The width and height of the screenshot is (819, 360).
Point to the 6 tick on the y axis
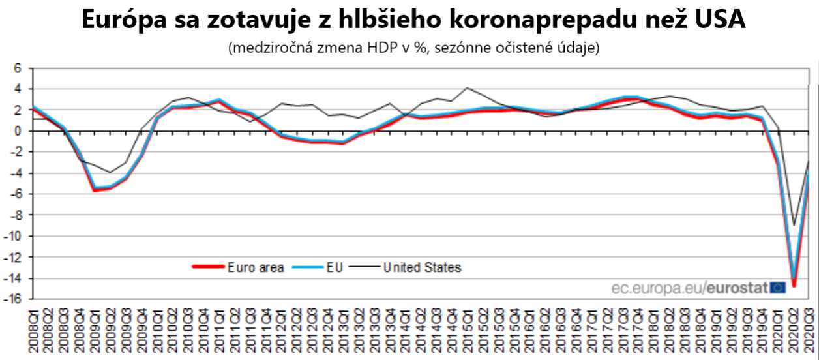[x=18, y=68]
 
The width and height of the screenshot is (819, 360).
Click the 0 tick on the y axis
[x=18, y=131]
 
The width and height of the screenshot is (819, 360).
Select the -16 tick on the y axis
[x=14, y=299]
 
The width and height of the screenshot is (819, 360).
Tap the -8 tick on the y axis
[x=16, y=215]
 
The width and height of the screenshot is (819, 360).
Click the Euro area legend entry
[x=255, y=267]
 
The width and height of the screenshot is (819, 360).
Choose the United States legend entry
[x=422, y=267]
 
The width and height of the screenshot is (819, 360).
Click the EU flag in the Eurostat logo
[x=777, y=288]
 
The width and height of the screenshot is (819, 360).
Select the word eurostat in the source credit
[x=737, y=288]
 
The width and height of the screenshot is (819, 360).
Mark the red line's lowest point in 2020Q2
[x=794, y=285]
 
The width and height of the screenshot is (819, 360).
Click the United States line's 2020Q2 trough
[x=794, y=225]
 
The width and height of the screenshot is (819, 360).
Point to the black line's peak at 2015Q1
[x=467, y=87]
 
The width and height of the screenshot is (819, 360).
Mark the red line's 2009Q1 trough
[x=95, y=190]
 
